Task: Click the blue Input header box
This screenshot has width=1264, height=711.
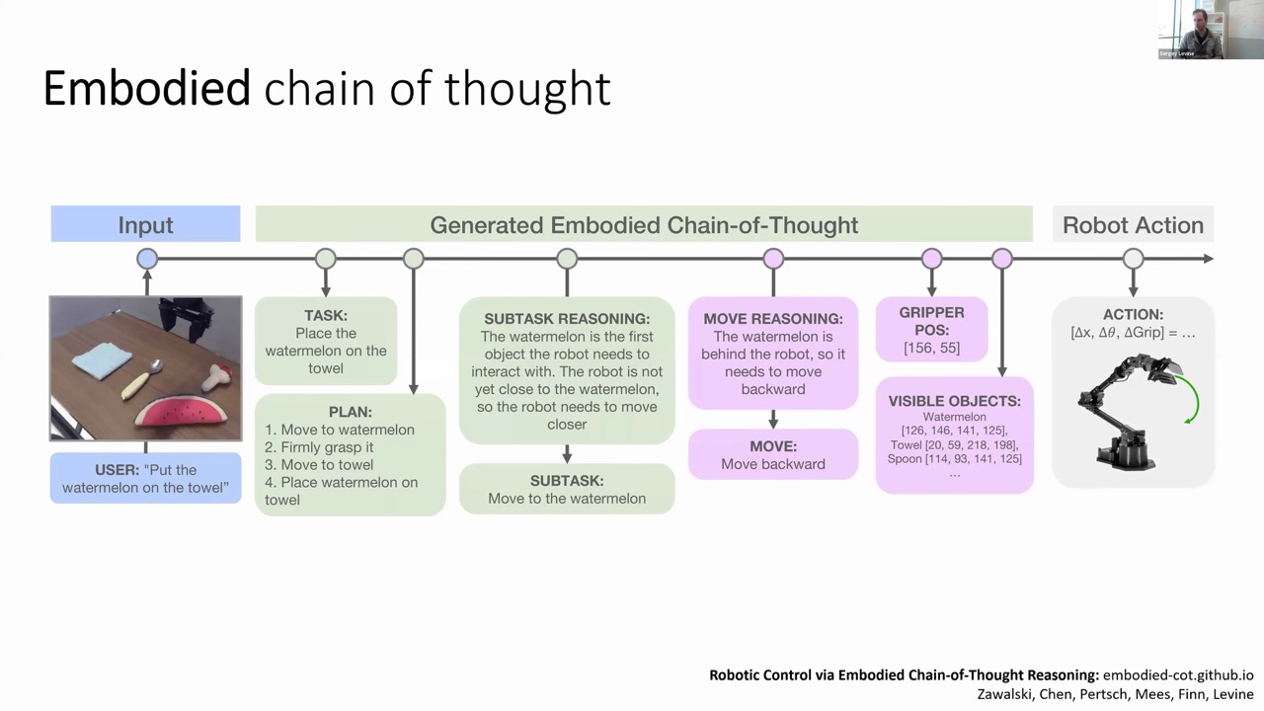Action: click(x=145, y=224)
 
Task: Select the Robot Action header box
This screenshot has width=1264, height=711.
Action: click(x=1133, y=224)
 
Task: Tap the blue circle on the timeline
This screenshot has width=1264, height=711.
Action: click(x=147, y=259)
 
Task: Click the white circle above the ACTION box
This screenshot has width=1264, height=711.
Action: click(x=1133, y=259)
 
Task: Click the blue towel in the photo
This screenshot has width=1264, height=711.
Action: click(x=103, y=361)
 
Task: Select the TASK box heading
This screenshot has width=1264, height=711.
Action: click(x=326, y=315)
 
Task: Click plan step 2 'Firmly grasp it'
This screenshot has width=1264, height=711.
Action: click(x=319, y=447)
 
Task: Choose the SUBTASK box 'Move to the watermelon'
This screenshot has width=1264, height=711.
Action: click(x=567, y=489)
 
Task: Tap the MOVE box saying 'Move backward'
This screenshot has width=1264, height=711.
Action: click(x=773, y=454)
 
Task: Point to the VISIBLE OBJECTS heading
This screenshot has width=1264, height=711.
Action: click(x=954, y=401)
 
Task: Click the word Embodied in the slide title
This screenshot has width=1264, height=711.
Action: click(x=147, y=88)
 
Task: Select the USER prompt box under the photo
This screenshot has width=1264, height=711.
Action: click(x=145, y=478)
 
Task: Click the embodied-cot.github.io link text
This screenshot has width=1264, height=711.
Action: click(x=1178, y=674)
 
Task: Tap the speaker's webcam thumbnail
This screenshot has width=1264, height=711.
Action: click(x=1211, y=30)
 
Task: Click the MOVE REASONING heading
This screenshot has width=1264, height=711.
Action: click(x=773, y=319)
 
